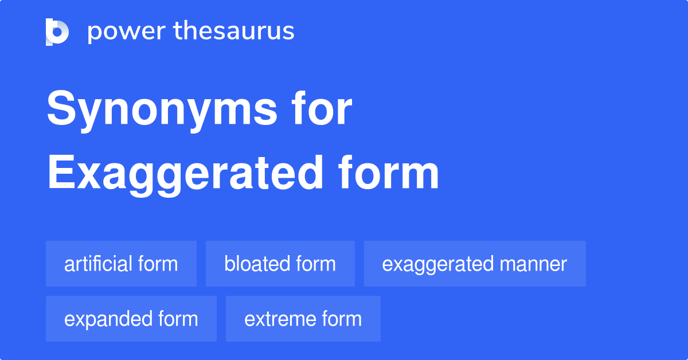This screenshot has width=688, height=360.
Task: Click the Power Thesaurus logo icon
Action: (57, 32)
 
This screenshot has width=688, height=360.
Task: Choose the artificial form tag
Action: (121, 264)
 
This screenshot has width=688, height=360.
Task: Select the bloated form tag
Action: (280, 264)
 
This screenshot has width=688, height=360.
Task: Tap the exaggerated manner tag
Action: (474, 264)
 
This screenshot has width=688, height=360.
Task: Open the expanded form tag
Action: (131, 319)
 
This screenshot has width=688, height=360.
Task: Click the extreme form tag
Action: (303, 319)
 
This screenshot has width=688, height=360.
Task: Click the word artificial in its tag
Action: (98, 264)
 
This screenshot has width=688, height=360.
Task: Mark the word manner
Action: (533, 264)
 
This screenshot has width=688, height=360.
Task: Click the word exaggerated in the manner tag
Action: (437, 264)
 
